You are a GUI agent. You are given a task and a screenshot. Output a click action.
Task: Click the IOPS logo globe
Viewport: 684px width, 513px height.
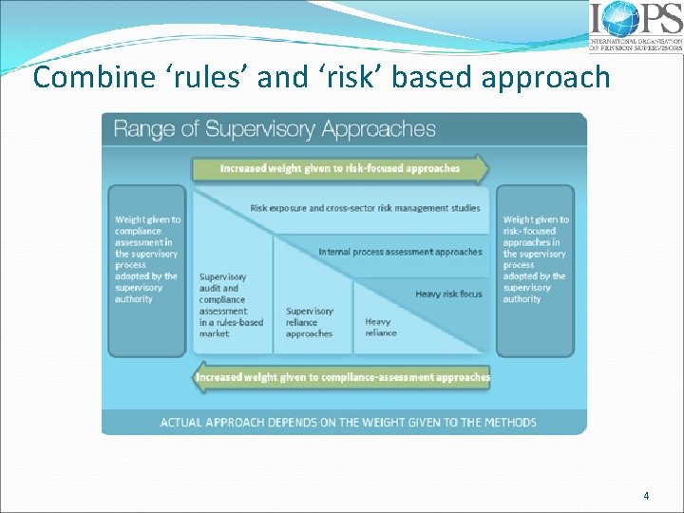click(622, 19)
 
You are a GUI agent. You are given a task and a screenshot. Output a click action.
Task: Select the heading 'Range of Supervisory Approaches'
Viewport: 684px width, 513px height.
click(275, 129)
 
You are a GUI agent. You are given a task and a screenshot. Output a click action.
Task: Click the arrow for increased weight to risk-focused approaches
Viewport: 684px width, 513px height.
click(340, 169)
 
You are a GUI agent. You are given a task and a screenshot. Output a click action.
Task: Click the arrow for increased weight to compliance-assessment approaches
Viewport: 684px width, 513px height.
click(342, 377)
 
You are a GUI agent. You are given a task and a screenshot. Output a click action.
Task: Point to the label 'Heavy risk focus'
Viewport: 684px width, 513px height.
click(448, 294)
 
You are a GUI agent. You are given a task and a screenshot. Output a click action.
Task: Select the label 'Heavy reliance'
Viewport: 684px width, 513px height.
click(380, 328)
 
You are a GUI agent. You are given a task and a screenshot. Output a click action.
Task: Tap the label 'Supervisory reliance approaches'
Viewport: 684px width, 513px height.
click(310, 322)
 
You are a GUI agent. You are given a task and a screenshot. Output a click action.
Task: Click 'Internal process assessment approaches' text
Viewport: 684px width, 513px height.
click(400, 252)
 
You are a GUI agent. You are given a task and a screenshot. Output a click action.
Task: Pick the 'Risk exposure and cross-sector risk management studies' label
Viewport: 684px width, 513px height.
click(365, 208)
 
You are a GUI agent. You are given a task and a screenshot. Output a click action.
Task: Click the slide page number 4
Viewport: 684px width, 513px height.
click(646, 495)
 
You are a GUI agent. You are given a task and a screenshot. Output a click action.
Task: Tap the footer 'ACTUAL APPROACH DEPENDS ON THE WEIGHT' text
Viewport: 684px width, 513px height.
click(348, 422)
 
